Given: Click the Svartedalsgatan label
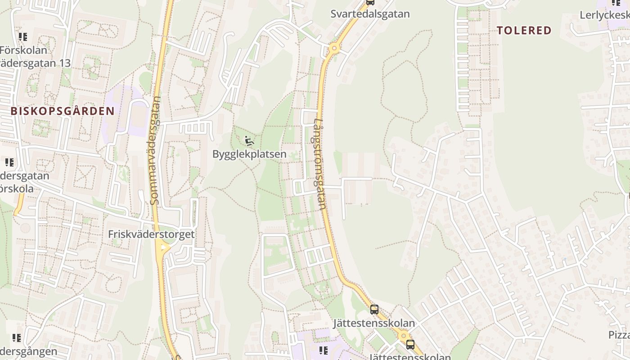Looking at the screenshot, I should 370,14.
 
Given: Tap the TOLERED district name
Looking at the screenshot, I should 524,31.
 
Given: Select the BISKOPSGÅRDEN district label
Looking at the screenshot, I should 63,111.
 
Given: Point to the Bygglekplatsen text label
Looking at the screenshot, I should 249,154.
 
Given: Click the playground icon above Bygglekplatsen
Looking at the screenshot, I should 248,141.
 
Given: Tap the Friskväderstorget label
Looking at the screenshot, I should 151,234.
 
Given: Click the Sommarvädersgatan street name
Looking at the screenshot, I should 155,151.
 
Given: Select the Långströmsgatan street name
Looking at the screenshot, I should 319,164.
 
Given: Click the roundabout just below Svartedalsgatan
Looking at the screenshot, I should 333,48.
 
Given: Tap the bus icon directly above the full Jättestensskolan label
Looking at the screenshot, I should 374,310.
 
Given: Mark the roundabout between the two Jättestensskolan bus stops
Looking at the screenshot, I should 403,335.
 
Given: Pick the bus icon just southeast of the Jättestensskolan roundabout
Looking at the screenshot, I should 410,345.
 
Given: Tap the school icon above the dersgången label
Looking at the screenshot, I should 17,338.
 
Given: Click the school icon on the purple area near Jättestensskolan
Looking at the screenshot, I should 323,350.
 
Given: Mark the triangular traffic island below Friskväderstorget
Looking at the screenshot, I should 162,247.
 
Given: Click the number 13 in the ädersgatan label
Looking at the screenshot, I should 64,63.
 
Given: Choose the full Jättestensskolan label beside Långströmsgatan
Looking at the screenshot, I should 374,324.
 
